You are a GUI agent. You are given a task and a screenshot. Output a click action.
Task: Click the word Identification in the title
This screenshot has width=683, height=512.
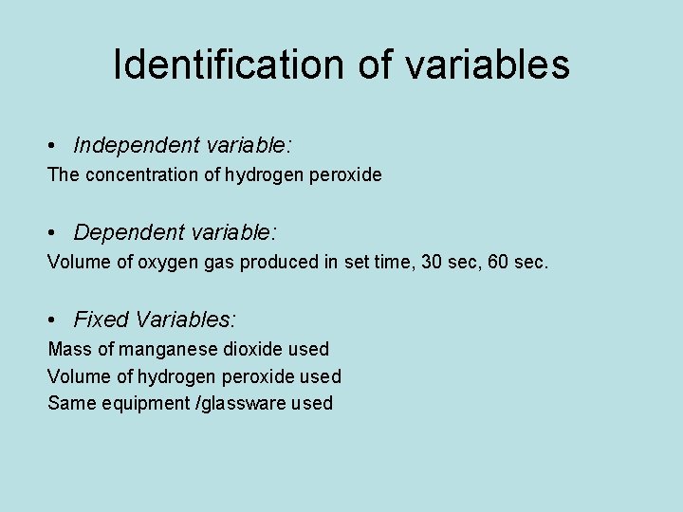point(231,64)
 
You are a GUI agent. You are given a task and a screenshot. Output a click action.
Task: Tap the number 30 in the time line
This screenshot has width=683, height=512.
point(431,263)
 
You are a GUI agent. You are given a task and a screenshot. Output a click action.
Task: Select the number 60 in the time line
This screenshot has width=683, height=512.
point(500,263)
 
